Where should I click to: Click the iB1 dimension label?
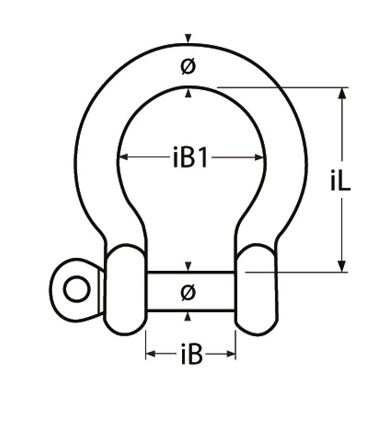pyautogui.click(x=189, y=158)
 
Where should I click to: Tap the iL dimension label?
pyautogui.click(x=341, y=183)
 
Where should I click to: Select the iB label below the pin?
pyautogui.click(x=191, y=355)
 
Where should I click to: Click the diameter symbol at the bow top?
pyautogui.click(x=188, y=67)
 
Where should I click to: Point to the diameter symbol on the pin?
pyautogui.click(x=188, y=292)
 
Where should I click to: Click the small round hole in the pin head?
pyautogui.click(x=76, y=289)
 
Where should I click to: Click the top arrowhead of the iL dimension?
pyautogui.click(x=342, y=92)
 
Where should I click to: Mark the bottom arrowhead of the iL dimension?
pyautogui.click(x=342, y=266)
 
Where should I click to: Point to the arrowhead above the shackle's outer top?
pyautogui.click(x=188, y=38)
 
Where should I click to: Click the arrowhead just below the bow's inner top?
pyautogui.click(x=188, y=94)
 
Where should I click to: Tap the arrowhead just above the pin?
pyautogui.click(x=188, y=267)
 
